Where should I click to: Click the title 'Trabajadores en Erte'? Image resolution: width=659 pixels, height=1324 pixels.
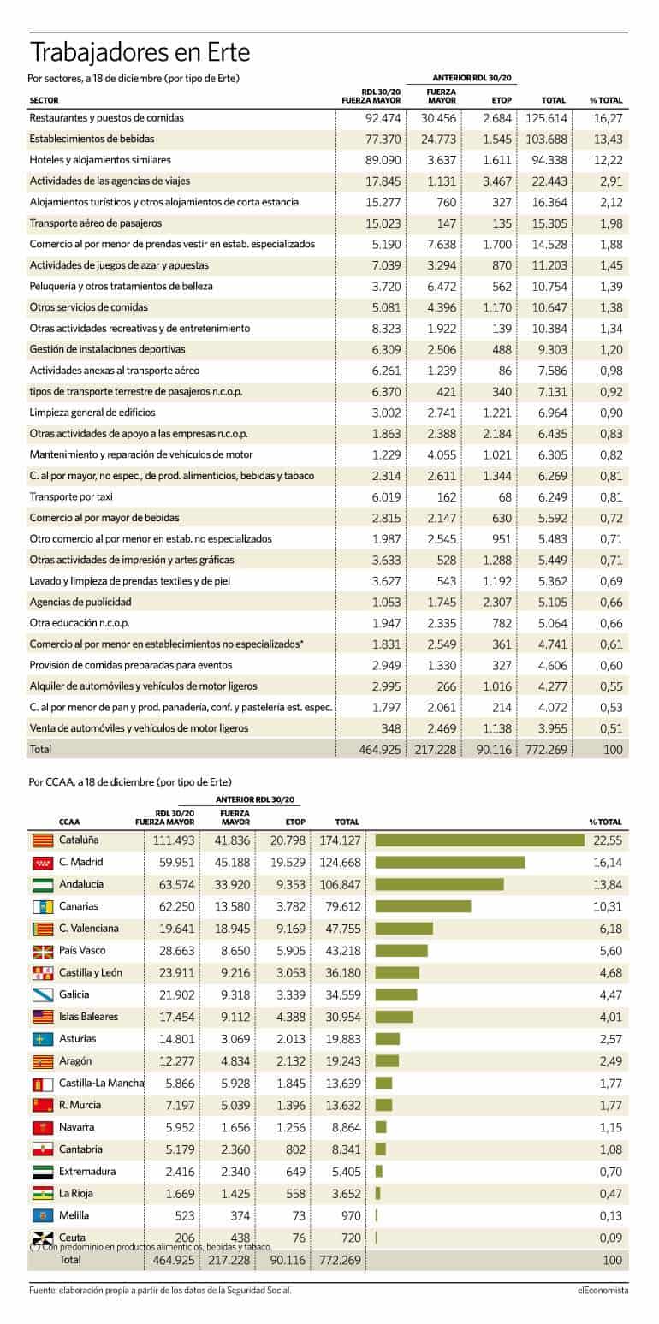[140, 52]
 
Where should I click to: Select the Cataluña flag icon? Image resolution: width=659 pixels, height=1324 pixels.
[43, 840]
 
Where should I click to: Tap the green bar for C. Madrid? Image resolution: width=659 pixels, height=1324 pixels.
[450, 863]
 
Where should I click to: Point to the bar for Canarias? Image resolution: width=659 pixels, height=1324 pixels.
[423, 906]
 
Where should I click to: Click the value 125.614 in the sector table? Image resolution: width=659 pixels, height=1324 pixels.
[546, 118]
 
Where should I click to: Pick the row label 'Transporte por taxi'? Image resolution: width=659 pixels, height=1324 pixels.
[71, 496]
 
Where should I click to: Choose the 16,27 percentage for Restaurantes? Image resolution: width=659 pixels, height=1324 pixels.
[609, 118]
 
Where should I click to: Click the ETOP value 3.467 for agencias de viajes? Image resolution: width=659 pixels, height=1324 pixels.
[497, 181]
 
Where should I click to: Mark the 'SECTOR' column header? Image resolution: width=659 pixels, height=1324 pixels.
[44, 100]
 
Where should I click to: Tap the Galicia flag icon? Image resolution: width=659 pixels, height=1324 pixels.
[43, 995]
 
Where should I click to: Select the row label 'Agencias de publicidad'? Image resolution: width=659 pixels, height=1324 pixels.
[80, 602]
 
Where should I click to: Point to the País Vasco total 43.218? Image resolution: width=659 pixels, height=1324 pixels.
[343, 951]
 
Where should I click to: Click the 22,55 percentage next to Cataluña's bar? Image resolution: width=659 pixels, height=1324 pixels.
[608, 840]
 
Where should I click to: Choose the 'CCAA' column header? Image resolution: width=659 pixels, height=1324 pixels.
[69, 822]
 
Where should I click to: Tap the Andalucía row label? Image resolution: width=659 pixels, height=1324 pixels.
[81, 884]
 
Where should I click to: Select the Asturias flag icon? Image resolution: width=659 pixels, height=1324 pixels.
[43, 1039]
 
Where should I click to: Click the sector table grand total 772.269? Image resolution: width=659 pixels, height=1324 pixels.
[546, 750]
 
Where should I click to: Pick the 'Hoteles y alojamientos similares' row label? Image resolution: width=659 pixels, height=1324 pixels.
[100, 160]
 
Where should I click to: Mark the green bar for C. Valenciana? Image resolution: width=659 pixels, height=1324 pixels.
[404, 929]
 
